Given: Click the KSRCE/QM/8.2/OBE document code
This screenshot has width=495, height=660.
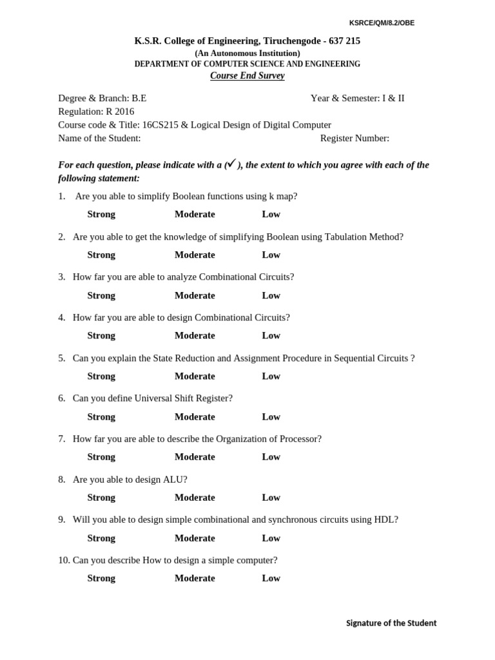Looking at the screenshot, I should [382, 23].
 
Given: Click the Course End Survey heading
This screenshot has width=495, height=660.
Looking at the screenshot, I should [247, 76].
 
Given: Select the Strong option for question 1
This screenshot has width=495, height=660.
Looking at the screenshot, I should [101, 215].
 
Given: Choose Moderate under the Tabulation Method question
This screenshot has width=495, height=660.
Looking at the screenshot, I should [195, 255].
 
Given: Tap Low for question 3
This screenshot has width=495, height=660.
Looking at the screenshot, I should [271, 296].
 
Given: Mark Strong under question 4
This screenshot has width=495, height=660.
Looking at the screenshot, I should [101, 336].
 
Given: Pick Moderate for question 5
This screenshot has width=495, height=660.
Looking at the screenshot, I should [195, 376].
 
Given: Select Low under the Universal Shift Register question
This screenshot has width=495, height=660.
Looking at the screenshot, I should [271, 417].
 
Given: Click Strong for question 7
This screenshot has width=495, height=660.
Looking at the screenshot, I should [101, 457].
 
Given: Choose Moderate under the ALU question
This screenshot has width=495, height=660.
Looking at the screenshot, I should [195, 498].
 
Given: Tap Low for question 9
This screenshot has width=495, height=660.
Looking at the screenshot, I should [271, 538].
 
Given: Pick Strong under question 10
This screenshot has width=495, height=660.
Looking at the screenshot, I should [101, 578].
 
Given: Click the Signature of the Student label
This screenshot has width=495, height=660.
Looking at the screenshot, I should [391, 623].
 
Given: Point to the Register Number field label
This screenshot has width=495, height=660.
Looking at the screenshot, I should [354, 138].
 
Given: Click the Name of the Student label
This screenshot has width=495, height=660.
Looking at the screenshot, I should [99, 138].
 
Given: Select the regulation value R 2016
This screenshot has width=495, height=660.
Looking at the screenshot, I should [120, 112].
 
